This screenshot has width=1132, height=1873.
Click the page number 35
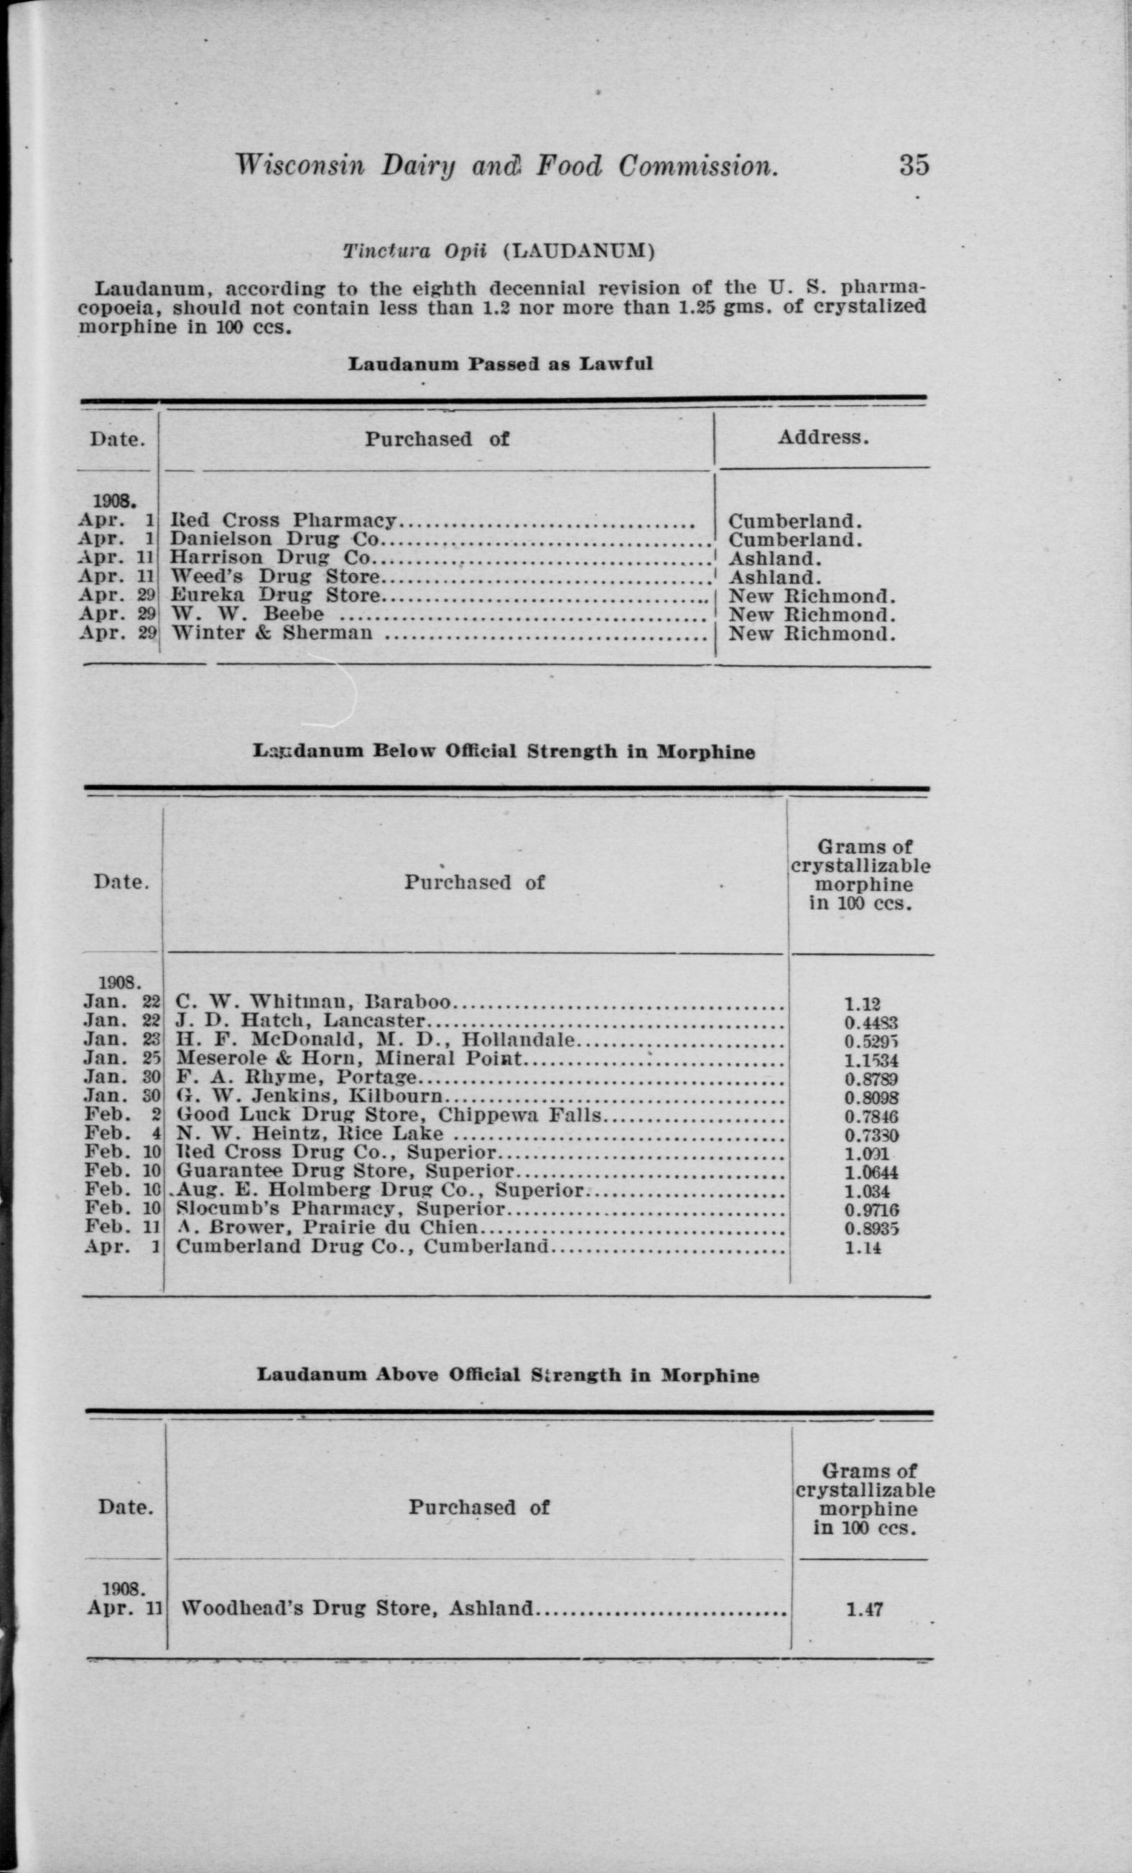tap(914, 165)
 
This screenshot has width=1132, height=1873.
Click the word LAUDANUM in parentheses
tap(577, 251)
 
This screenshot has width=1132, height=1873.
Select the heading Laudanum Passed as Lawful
tap(500, 363)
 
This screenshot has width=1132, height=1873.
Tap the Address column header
tap(822, 437)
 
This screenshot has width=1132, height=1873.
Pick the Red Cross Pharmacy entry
tap(283, 521)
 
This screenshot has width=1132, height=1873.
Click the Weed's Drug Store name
tap(274, 576)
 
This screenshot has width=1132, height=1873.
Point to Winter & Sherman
tap(272, 633)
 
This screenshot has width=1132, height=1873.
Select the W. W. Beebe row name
tap(248, 613)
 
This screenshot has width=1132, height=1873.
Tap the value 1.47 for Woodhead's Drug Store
tap(864, 1609)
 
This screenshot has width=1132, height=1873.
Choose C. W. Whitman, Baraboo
tap(314, 1002)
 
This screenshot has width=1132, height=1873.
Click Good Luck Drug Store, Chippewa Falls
tap(389, 1115)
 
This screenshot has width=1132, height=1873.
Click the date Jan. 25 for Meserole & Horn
tap(121, 1058)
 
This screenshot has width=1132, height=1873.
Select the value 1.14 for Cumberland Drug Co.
tap(863, 1247)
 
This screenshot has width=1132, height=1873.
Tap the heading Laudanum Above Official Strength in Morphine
tap(507, 1375)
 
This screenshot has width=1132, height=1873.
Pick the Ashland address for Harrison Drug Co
tap(776, 558)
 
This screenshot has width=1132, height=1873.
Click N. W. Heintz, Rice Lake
tap(310, 1133)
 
